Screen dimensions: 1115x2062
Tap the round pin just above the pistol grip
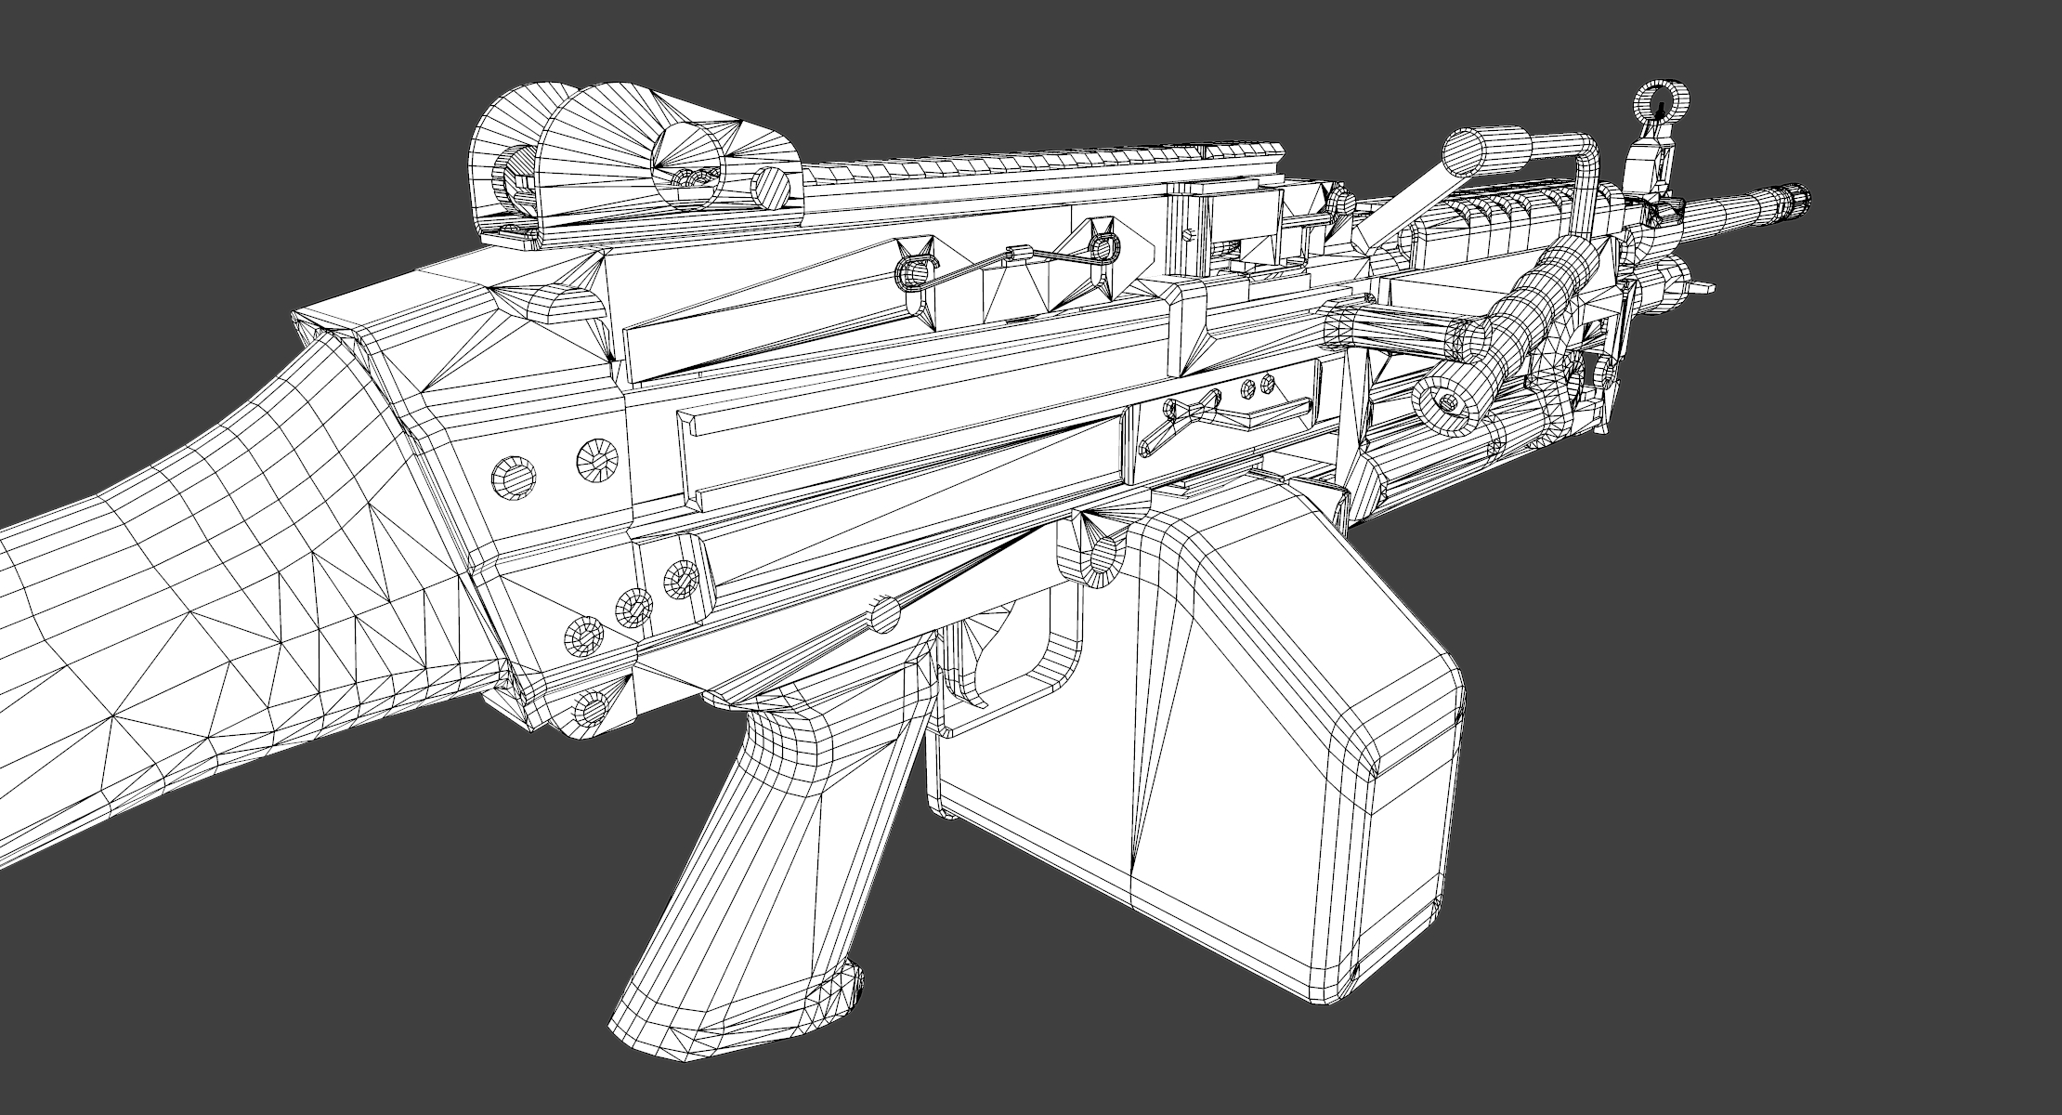(x=886, y=615)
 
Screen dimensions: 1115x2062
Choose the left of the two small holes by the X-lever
(x=1248, y=386)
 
